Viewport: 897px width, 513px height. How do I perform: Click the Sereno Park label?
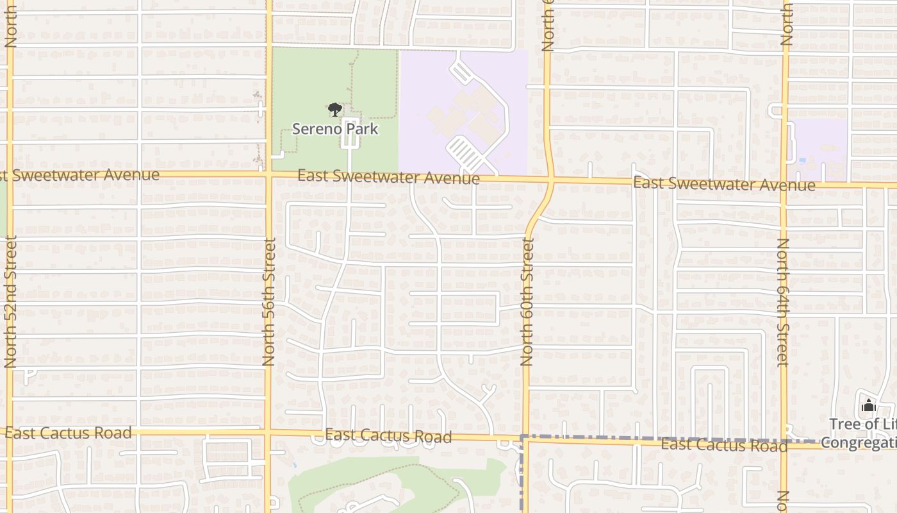[335, 129]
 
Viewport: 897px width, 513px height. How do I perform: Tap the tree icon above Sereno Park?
[334, 110]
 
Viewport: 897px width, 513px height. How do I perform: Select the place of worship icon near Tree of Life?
[869, 405]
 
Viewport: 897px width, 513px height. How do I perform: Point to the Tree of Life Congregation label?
[862, 433]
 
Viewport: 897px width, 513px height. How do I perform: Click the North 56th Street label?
[269, 301]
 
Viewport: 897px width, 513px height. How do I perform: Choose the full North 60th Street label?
[527, 301]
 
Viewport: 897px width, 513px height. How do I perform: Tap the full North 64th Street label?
[783, 301]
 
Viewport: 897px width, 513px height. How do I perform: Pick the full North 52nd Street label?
[10, 301]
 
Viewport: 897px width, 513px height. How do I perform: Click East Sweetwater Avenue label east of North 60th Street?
[724, 185]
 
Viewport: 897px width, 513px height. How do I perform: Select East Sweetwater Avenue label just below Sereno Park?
[388, 176]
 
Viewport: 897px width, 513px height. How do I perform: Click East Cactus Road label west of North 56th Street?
[69, 433]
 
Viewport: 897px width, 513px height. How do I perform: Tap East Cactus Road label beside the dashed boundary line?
[724, 445]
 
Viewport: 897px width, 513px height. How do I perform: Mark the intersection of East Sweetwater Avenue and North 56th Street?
[269, 173]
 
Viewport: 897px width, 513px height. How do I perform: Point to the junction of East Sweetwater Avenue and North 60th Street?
[551, 181]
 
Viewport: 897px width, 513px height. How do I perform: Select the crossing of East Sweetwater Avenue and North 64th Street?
[784, 185]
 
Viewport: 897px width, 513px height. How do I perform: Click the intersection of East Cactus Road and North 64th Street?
[784, 442]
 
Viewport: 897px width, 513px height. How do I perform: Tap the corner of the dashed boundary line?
[522, 437]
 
